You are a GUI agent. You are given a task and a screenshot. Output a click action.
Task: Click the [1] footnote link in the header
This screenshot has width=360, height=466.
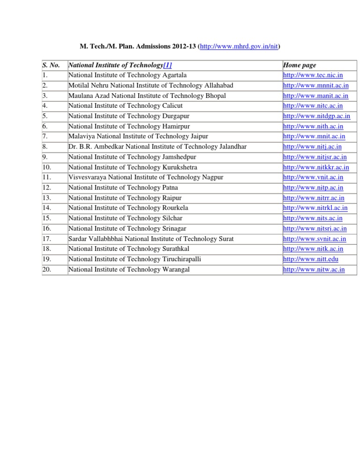171,66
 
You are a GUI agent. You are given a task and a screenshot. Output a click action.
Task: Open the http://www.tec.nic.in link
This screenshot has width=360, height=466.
313,75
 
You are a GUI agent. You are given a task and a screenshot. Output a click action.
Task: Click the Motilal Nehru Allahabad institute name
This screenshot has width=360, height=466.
150,85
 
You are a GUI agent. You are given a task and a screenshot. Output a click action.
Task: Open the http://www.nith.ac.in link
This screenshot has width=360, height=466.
313,127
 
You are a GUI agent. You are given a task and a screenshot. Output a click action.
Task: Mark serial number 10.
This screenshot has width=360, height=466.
46,167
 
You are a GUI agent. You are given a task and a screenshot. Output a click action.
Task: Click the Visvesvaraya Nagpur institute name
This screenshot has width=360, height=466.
146,177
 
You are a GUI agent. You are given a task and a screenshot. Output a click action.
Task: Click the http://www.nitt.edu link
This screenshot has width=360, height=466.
311,259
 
